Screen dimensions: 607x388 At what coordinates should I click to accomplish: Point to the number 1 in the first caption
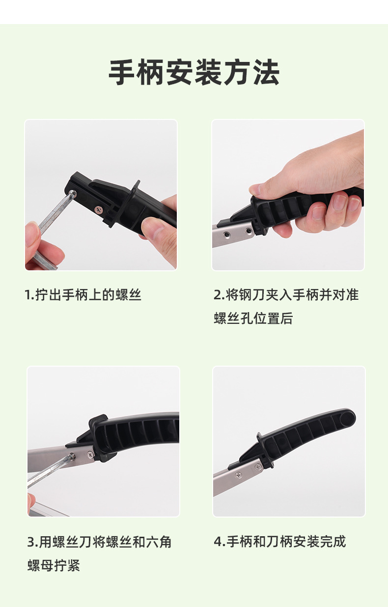click(28, 295)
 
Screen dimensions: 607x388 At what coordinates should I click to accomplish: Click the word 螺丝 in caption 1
click(129, 295)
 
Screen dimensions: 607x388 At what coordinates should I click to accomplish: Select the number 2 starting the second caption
click(218, 295)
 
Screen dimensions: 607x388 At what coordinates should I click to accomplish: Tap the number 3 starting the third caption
click(31, 543)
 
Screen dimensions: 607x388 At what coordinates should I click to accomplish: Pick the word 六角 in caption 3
click(159, 543)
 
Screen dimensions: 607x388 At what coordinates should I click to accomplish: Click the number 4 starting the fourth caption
click(218, 542)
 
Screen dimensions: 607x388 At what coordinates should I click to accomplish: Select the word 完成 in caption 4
click(333, 542)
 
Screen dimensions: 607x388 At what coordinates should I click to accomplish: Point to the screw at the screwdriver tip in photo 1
click(73, 194)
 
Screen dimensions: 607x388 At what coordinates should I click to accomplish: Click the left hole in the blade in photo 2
click(228, 231)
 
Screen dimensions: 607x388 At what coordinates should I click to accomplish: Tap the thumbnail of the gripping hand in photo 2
click(256, 189)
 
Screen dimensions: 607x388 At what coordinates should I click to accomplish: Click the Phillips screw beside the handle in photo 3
click(90, 454)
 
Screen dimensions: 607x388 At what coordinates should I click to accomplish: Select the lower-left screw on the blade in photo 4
click(238, 475)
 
